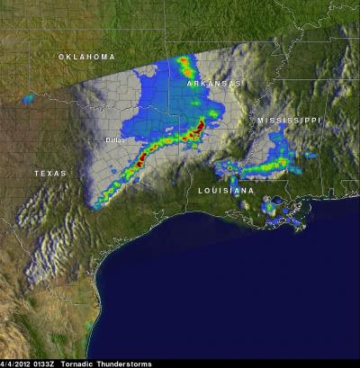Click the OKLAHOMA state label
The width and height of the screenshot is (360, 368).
pos(87,57)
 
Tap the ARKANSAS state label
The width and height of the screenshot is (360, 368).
pos(214,83)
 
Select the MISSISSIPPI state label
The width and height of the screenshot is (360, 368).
pos(289,120)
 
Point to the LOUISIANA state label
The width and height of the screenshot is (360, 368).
pos(227,192)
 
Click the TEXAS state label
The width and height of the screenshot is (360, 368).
pos(49,173)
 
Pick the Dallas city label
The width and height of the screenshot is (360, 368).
pos(114,139)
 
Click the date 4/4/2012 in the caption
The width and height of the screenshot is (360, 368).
pos(16,363)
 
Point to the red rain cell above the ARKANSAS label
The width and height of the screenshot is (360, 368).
pos(186,63)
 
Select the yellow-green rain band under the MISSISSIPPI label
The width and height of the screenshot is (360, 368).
pos(270,164)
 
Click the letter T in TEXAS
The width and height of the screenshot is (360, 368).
pos(37,173)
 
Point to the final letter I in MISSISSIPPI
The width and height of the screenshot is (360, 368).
pos(319,120)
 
